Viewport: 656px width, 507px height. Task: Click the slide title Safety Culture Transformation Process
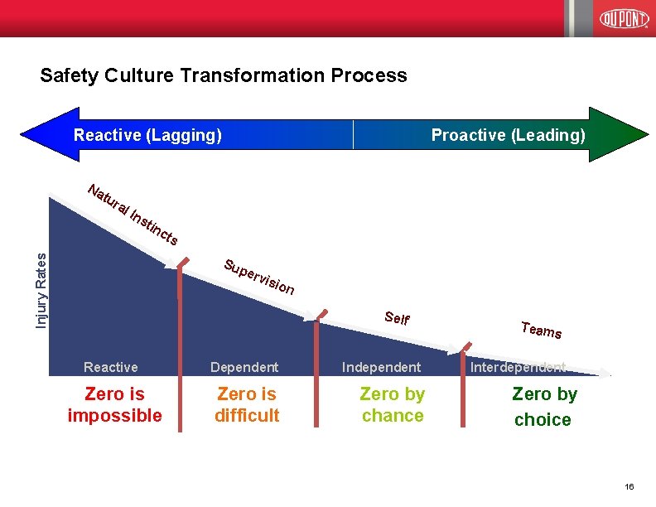point(224,75)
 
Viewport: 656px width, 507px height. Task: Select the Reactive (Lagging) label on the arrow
point(148,135)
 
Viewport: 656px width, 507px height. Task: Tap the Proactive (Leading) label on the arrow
point(508,135)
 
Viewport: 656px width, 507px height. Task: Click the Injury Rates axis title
point(41,279)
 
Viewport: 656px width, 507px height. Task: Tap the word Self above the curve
point(398,317)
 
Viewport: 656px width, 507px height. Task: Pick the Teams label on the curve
point(542,330)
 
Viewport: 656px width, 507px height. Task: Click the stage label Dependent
point(244,367)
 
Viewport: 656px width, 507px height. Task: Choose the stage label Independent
point(382,367)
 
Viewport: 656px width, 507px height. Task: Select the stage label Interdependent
point(519,367)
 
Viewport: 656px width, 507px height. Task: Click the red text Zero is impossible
point(114,405)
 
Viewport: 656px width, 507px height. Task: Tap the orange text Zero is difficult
point(247,405)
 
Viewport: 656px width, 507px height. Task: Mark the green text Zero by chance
point(393,405)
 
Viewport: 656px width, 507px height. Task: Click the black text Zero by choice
point(543,407)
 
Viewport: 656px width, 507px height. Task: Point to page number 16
point(629,488)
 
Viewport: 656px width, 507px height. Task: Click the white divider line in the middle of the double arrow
point(354,134)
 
